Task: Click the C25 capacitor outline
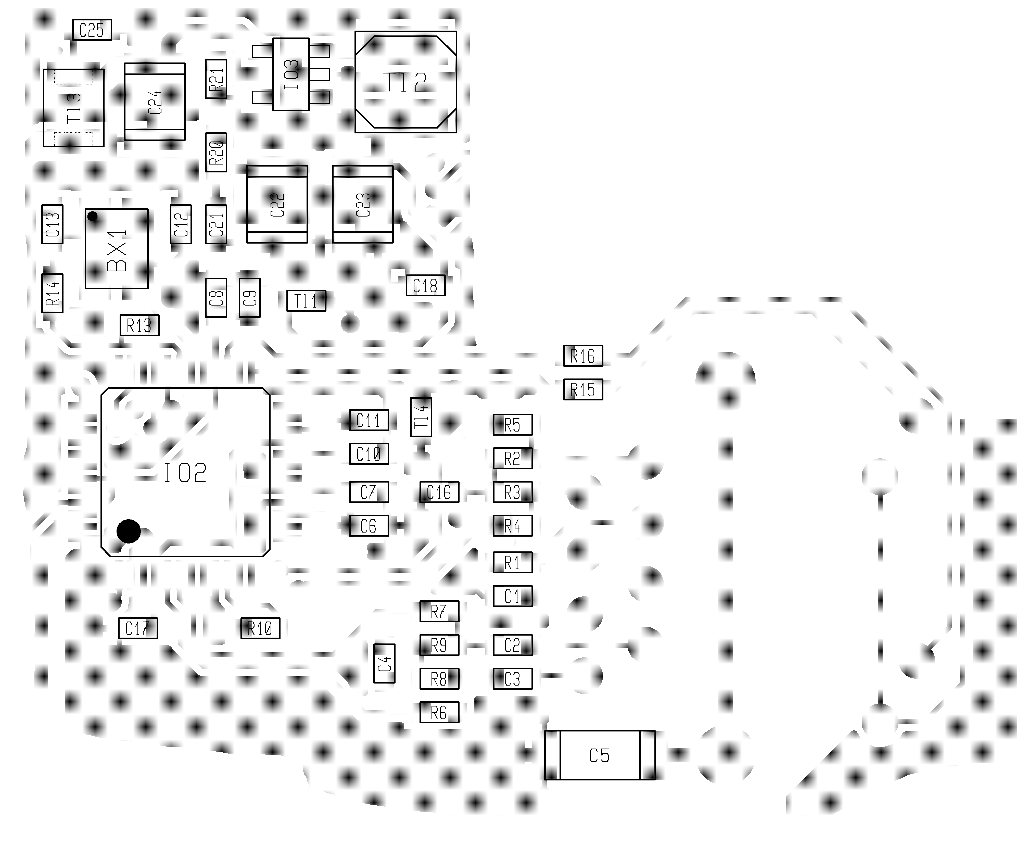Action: (x=92, y=30)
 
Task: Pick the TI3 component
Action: (x=74, y=108)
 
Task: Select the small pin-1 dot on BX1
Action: (x=92, y=216)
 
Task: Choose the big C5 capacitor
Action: (x=600, y=755)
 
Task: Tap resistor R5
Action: (x=513, y=424)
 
